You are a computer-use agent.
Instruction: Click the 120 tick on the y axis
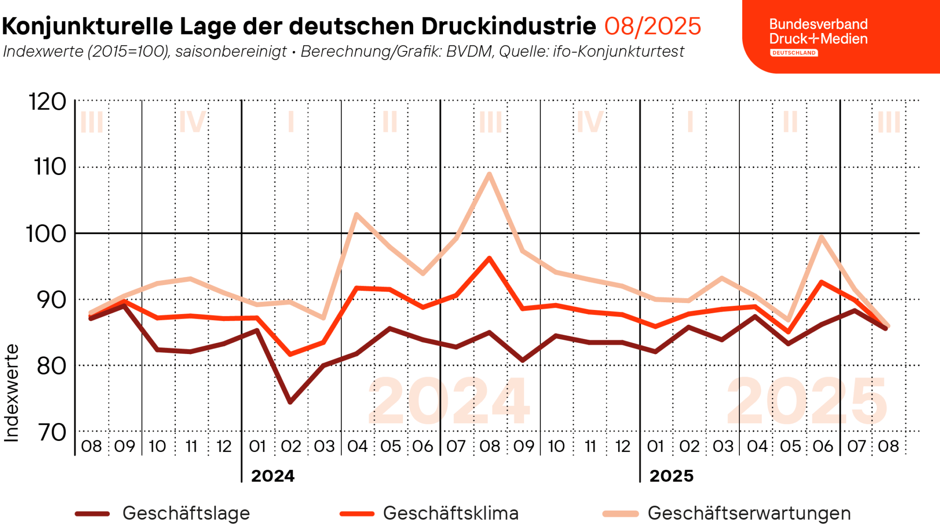pos(47,102)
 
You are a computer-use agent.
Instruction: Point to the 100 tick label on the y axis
pos(46,234)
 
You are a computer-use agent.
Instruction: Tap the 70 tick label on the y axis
pos(51,433)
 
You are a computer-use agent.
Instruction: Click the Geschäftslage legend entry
pos(185,513)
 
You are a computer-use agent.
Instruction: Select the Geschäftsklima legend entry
pos(450,513)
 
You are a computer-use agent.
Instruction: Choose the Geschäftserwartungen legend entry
pos(749,513)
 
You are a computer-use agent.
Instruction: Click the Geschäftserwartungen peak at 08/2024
pos(489,174)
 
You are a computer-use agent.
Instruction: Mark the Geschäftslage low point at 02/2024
pos(290,402)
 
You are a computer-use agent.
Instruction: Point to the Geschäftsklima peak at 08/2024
pos(489,258)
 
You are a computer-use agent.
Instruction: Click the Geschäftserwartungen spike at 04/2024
pos(357,214)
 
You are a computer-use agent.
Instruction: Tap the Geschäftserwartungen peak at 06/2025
pos(822,237)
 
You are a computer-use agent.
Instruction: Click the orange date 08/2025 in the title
pos(652,26)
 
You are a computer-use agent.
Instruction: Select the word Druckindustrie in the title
pos(509,26)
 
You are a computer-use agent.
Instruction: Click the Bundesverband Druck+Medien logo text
pos(818,31)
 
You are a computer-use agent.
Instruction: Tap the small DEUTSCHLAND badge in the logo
pos(794,53)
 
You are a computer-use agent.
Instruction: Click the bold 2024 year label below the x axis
pos(273,476)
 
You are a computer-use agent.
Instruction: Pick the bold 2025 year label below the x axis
pos(671,476)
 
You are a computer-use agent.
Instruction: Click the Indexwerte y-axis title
pos(11,393)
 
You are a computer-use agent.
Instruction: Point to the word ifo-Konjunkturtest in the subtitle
pos(618,51)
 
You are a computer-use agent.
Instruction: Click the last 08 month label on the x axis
pos(888,446)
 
